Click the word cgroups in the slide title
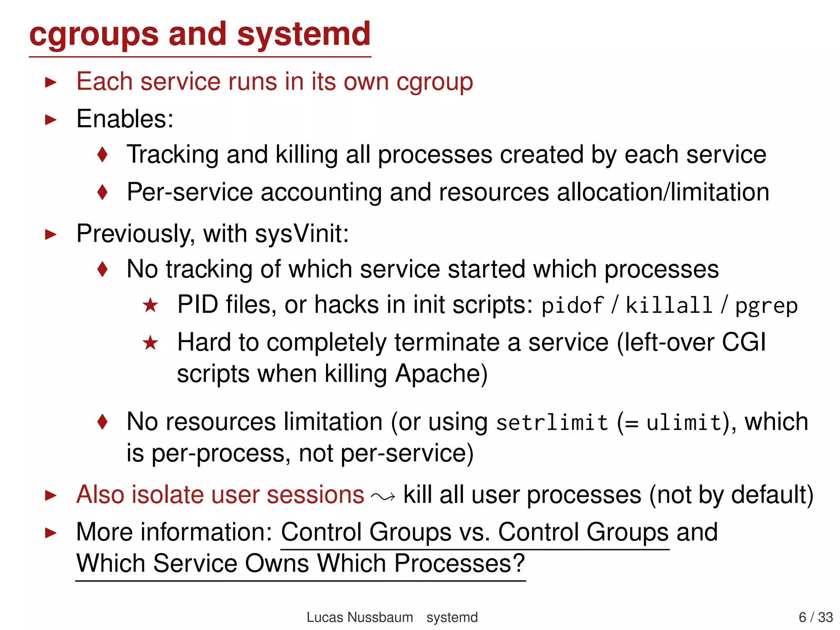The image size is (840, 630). tap(94, 34)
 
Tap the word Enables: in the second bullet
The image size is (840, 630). tap(125, 119)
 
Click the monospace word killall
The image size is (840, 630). tap(669, 306)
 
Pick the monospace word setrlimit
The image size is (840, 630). tap(552, 422)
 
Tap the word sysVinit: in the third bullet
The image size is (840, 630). tap(302, 234)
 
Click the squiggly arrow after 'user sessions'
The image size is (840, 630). tap(383, 497)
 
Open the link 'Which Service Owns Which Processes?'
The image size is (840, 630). tap(301, 563)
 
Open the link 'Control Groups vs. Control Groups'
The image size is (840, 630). tap(475, 532)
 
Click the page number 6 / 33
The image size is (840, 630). tap(815, 617)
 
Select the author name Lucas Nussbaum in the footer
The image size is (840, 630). tap(360, 617)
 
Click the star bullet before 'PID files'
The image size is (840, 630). tap(151, 305)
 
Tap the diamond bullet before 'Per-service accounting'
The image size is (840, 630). tap(103, 192)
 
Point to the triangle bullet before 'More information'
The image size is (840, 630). tap(50, 533)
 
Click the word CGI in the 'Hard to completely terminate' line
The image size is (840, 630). tap(744, 342)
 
